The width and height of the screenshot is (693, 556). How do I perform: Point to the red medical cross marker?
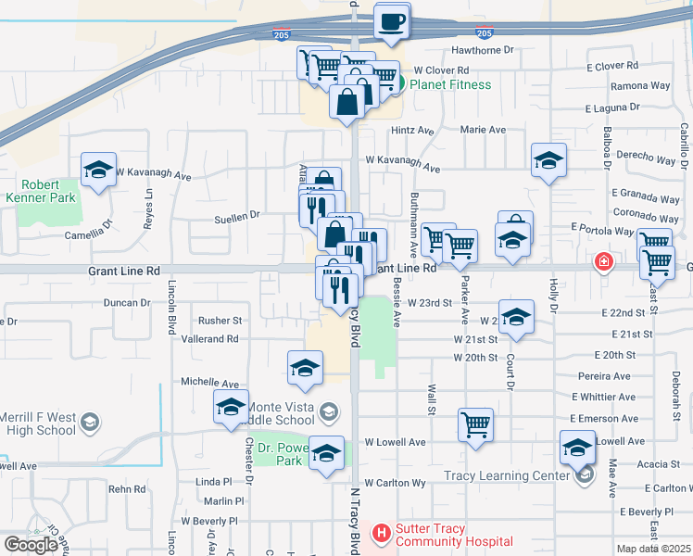pos(604,262)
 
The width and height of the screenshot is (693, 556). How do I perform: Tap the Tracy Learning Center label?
pos(505,476)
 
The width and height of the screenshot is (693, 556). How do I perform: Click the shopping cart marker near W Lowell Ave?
pos(475,425)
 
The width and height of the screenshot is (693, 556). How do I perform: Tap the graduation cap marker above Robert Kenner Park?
pos(98,170)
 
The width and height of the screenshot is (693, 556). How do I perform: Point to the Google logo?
pos(31,544)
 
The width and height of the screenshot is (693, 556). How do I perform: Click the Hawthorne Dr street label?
pos(481,51)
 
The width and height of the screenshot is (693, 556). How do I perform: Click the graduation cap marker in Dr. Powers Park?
pos(326,453)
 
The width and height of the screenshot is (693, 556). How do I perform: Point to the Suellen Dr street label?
pos(237,216)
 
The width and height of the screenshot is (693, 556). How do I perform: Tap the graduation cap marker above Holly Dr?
pos(549,160)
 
